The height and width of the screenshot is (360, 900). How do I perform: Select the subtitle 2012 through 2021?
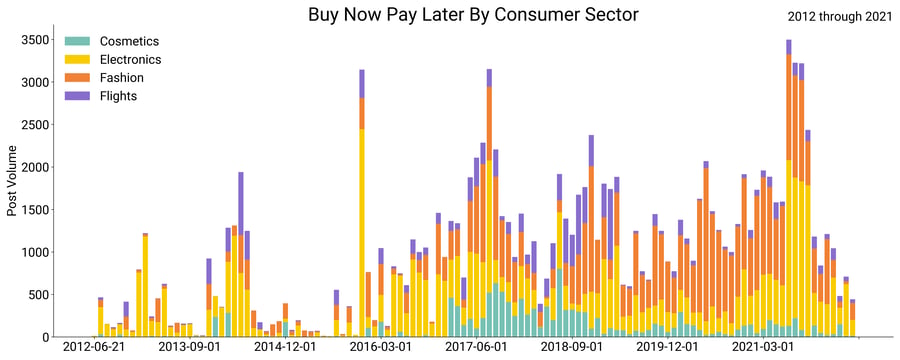click(x=837, y=17)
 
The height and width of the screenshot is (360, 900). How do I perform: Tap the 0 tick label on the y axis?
click(x=45, y=337)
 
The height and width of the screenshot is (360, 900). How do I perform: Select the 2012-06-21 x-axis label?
click(x=94, y=347)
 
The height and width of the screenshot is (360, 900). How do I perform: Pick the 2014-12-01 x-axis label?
click(x=285, y=347)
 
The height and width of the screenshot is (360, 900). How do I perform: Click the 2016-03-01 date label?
click(x=381, y=347)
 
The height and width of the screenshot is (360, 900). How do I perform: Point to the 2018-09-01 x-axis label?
click(x=572, y=347)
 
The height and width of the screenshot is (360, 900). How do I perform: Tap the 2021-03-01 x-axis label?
click(x=763, y=347)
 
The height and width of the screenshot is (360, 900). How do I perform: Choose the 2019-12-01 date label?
click(x=668, y=347)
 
